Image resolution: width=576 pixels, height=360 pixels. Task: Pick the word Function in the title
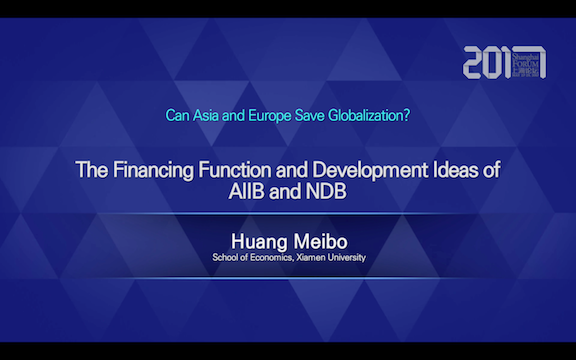click(232, 169)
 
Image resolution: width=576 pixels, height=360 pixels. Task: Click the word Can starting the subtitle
click(175, 114)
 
